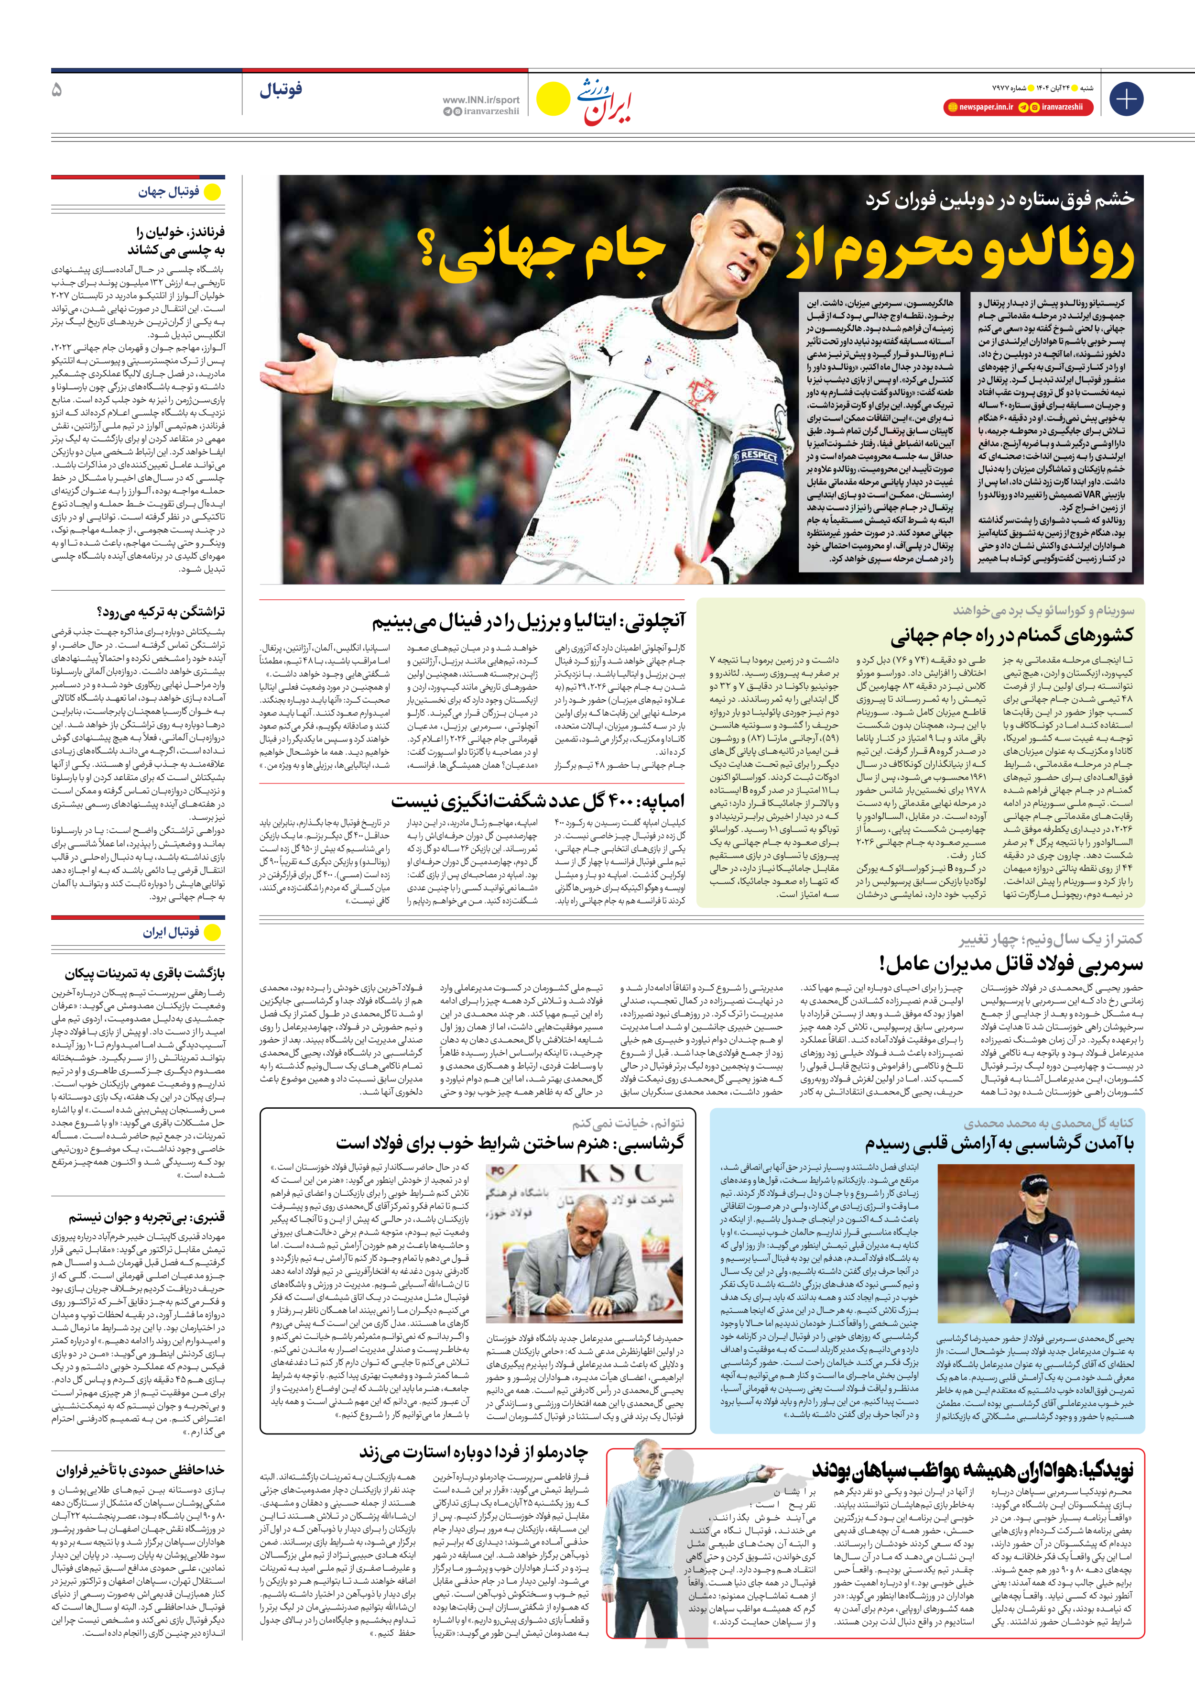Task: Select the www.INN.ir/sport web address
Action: click(x=480, y=99)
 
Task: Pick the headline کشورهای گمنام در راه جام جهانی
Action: click(x=1011, y=636)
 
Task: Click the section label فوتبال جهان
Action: click(x=169, y=192)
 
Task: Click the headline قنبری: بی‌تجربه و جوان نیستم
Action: click(x=146, y=1218)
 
